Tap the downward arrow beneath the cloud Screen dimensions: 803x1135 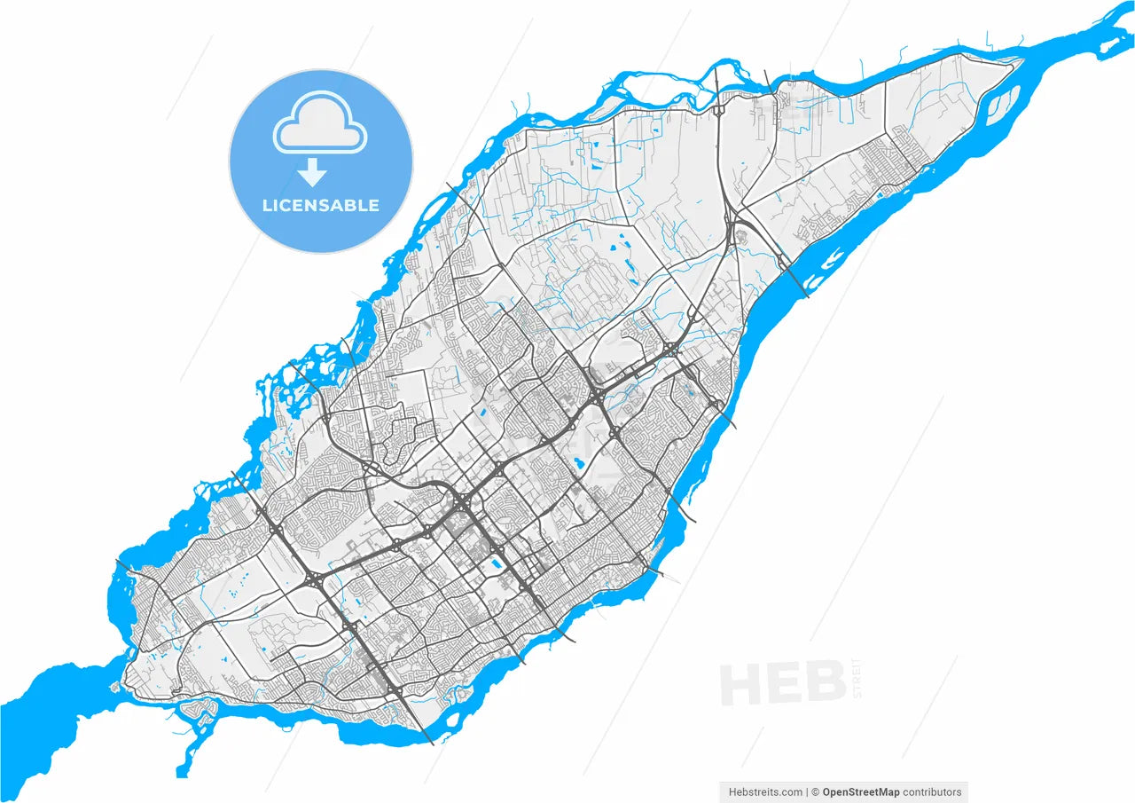(312, 172)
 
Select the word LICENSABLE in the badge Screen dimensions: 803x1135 (320, 206)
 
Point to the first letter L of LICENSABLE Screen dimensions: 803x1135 (266, 206)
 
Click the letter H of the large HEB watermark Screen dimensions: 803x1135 (740, 684)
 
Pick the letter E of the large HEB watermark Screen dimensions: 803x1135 (785, 684)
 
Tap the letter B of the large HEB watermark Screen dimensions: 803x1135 (826, 684)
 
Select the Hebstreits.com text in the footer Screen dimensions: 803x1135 (765, 792)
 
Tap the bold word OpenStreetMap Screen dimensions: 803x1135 (860, 792)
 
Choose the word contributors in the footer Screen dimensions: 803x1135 (932, 792)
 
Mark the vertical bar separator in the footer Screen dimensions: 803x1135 (807, 792)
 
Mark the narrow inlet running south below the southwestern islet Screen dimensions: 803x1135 (185, 754)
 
